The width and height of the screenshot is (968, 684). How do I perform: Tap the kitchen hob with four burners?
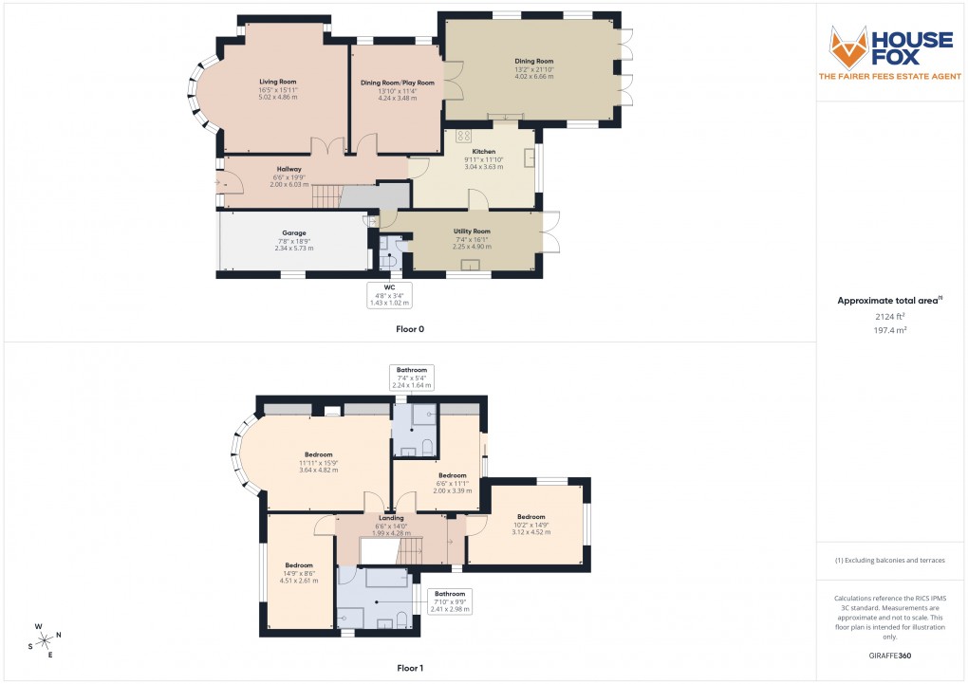[464, 135]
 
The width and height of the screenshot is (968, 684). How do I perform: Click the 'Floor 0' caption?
[410, 329]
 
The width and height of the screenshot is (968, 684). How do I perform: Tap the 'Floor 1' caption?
[410, 669]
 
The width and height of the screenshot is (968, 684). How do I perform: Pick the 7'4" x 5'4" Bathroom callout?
[412, 378]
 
